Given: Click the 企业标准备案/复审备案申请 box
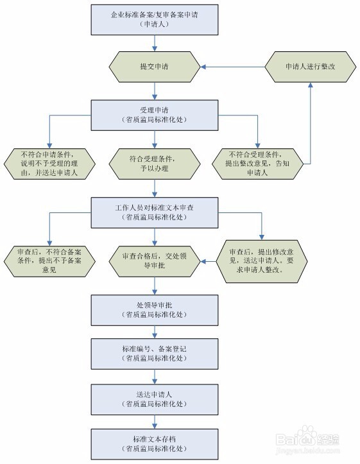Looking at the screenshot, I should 154,20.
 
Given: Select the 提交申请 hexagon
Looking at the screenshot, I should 154,67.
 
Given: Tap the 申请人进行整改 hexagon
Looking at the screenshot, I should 311,67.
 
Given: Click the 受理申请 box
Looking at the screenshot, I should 154,114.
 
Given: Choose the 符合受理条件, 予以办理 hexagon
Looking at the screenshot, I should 154,164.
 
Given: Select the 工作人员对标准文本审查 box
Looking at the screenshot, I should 154,212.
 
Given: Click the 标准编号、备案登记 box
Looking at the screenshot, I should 154,353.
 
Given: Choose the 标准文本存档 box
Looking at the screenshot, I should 154,442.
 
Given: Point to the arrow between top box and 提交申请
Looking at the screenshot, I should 154,43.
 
